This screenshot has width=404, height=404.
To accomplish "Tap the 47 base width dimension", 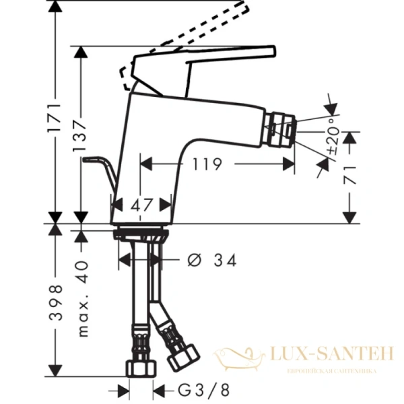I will click(x=140, y=205).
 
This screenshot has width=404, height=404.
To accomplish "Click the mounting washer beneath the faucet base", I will click(x=140, y=236).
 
